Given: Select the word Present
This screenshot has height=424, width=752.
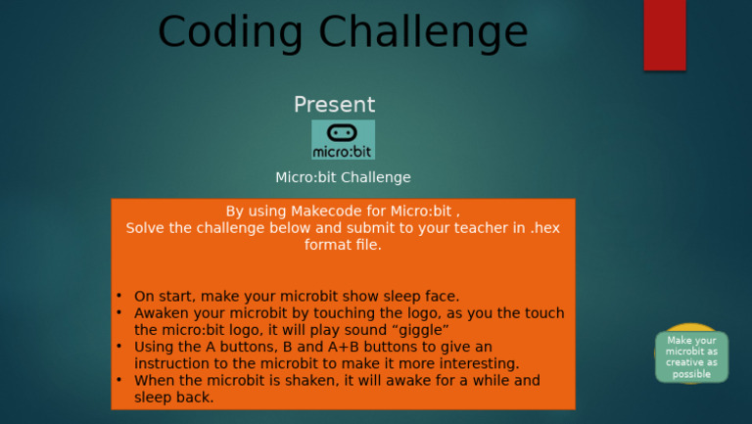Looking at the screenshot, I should click(x=334, y=105).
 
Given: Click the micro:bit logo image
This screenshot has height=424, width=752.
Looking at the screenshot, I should click(x=343, y=140).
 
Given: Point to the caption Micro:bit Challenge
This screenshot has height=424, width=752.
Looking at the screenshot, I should click(x=343, y=177).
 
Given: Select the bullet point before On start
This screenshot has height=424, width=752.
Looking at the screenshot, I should click(x=118, y=296).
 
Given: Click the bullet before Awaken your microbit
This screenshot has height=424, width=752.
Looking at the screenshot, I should click(x=118, y=313).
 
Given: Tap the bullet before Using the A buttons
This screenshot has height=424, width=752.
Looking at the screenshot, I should click(x=118, y=347).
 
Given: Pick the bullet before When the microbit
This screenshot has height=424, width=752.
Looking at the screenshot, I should click(x=118, y=380).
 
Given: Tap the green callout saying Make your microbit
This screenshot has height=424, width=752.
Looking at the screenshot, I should click(x=691, y=356).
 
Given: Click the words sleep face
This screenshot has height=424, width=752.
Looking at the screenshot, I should click(x=418, y=296).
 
